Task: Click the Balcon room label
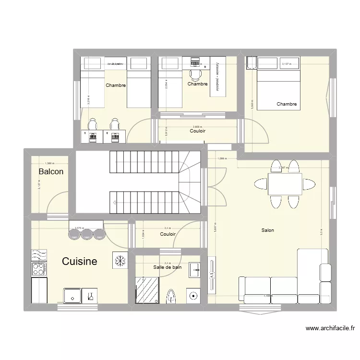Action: coord(51,171)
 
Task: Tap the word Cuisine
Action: coord(80,261)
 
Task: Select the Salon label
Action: coord(268,230)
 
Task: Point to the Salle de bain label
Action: coord(168,267)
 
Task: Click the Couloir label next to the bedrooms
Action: coord(198,131)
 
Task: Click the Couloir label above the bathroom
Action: coord(168,234)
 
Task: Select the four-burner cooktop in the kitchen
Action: coord(38,268)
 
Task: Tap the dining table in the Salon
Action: coord(285,184)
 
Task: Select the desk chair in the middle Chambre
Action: coord(195,74)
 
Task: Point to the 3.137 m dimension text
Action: coord(286,63)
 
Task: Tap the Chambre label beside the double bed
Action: coord(287,104)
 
